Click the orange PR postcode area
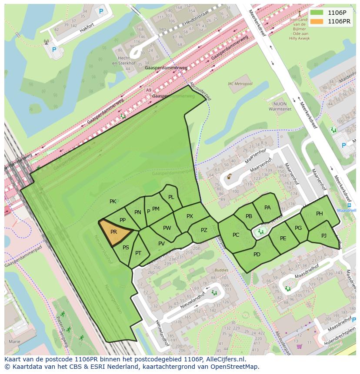(114, 232)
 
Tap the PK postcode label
(113, 202)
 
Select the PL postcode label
(171, 197)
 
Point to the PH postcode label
(320, 213)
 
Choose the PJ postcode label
(324, 235)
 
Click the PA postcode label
(267, 208)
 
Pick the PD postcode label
(257, 254)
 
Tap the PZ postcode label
(204, 230)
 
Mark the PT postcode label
(138, 253)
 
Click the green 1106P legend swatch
(317, 13)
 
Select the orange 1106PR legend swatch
(317, 21)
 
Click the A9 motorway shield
(149, 90)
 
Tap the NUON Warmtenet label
(277, 107)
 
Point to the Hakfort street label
(87, 30)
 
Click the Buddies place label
(221, 270)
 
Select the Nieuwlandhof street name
(195, 298)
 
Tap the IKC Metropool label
(240, 83)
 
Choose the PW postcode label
(167, 228)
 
